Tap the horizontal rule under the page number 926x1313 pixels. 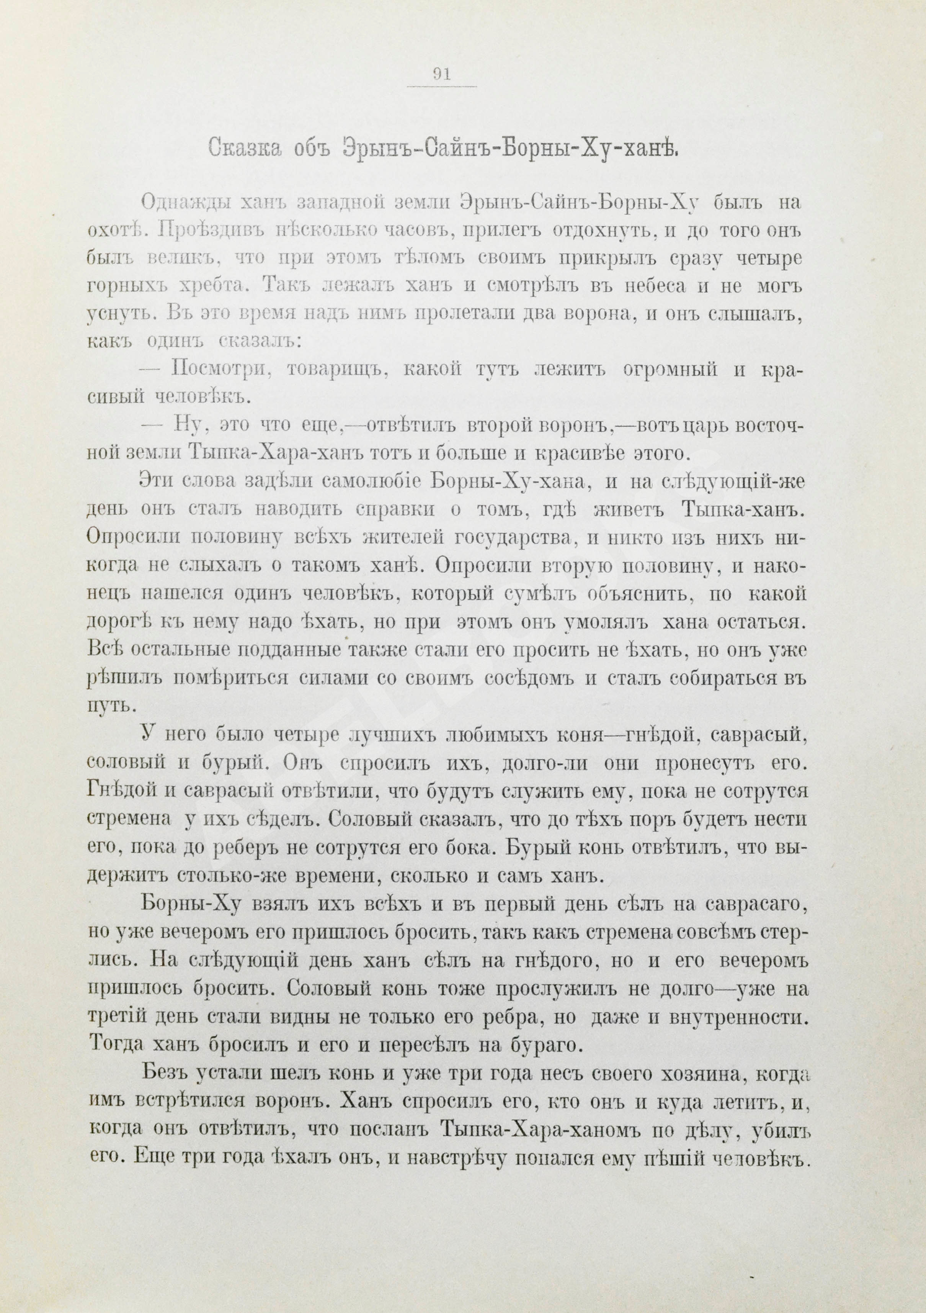(442, 87)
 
